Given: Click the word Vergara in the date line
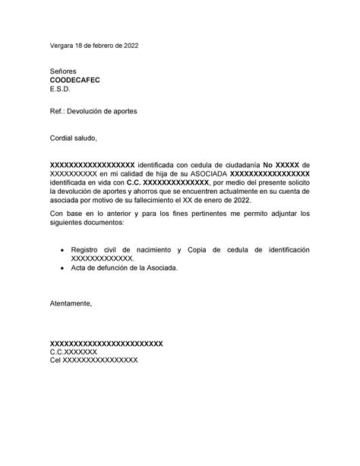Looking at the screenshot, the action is [x=63, y=46].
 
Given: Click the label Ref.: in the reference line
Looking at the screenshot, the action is [x=58, y=112].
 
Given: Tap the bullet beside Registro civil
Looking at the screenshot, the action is [x=61, y=249].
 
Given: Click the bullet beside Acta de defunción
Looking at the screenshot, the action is [x=61, y=268].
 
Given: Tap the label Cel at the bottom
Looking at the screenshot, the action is [x=55, y=361].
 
